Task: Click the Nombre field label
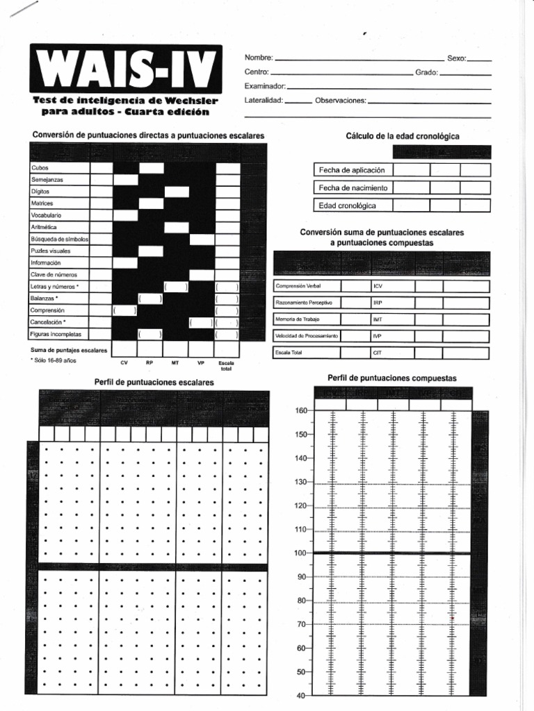pyautogui.click(x=259, y=58)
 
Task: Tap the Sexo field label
pyautogui.click(x=457, y=58)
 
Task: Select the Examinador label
pyautogui.click(x=265, y=86)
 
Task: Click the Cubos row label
pyautogui.click(x=40, y=168)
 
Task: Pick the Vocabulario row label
pyautogui.click(x=46, y=215)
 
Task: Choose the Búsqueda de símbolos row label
pyautogui.click(x=59, y=239)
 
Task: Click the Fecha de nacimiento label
pyautogui.click(x=353, y=187)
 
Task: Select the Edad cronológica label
pyautogui.click(x=347, y=206)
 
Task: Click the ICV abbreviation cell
pyautogui.click(x=378, y=286)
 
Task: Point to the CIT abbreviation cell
pyautogui.click(x=378, y=353)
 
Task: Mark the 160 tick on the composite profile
pyautogui.click(x=301, y=410)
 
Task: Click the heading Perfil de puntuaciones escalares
pyautogui.click(x=154, y=383)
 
